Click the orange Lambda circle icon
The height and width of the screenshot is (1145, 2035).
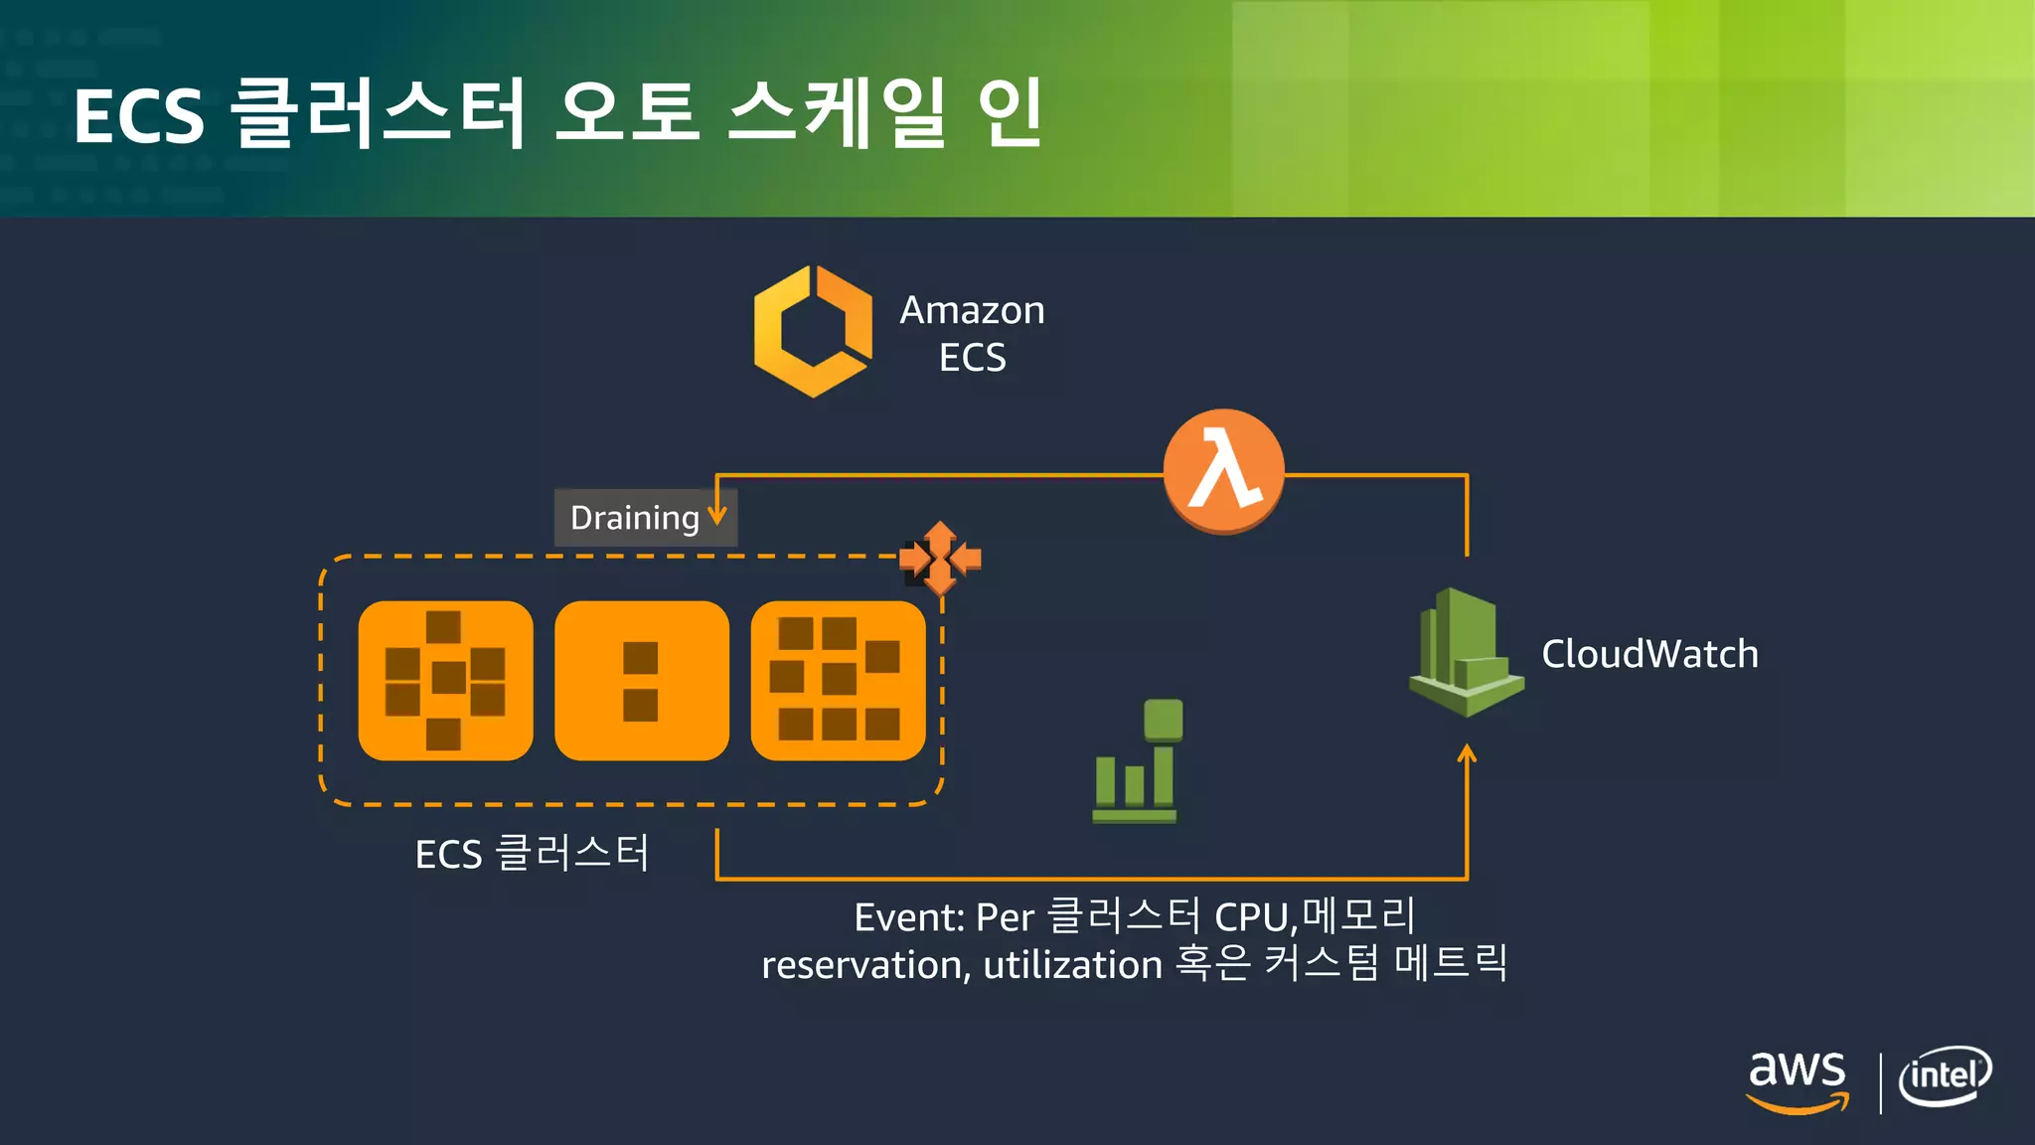click(x=1223, y=471)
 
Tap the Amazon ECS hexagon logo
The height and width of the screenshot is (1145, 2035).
click(x=813, y=331)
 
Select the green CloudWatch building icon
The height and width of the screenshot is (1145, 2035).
click(x=1466, y=652)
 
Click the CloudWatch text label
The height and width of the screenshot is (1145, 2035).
click(x=1649, y=654)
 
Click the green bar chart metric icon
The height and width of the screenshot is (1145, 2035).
click(x=1137, y=762)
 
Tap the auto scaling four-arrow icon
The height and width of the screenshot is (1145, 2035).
click(x=940, y=558)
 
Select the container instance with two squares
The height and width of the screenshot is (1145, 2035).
click(x=641, y=681)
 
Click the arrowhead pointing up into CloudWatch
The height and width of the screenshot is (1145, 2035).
click(x=1467, y=754)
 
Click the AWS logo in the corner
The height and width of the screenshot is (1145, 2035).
click(x=1798, y=1080)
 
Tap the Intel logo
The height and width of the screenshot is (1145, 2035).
click(x=1945, y=1076)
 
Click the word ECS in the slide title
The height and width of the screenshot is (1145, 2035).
click(x=138, y=116)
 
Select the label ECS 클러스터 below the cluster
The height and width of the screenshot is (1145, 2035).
click(x=532, y=854)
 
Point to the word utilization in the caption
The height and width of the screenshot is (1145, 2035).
click(x=1072, y=965)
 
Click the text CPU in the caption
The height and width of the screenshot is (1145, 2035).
click(x=1253, y=917)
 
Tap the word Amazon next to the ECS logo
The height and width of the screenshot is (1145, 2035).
click(x=972, y=310)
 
